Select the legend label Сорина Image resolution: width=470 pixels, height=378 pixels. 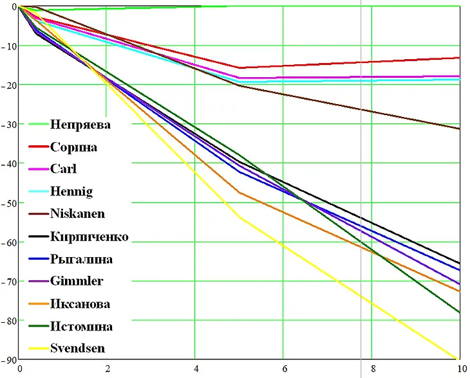click(x=73, y=147)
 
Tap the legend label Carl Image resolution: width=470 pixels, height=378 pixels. click(x=63, y=169)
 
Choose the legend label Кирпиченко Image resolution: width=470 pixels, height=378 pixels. click(x=89, y=237)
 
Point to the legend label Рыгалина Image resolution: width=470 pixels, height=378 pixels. click(x=81, y=260)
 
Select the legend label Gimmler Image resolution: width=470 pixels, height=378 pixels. click(x=76, y=282)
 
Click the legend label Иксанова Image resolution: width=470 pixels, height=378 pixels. click(x=80, y=304)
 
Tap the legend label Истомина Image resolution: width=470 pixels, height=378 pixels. click(x=81, y=327)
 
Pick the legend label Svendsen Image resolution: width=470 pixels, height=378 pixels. click(x=78, y=349)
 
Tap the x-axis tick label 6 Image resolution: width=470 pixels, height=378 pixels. click(x=283, y=370)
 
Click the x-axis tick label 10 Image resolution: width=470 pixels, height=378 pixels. click(x=460, y=370)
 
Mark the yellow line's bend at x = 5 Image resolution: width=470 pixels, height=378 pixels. click(x=240, y=218)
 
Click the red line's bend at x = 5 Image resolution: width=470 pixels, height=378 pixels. click(x=240, y=67)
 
